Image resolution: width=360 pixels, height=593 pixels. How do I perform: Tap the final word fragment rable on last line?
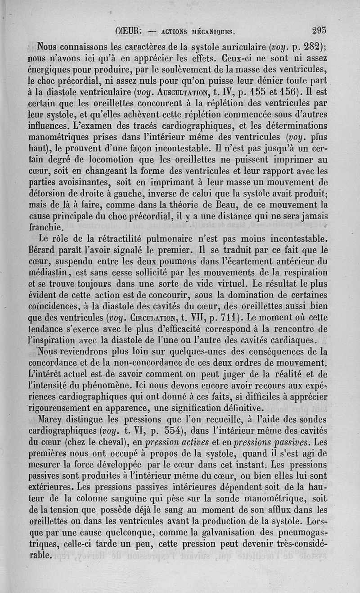(40, 555)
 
